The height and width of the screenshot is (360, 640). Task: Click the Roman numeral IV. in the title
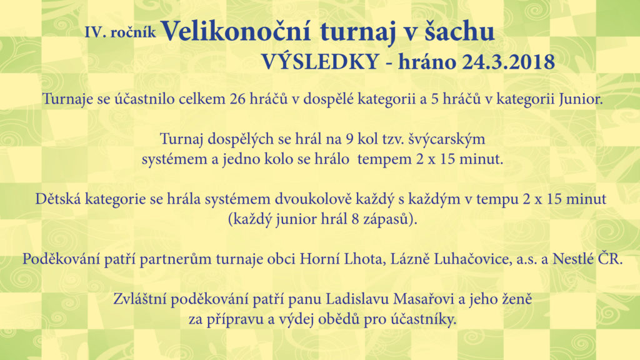click(x=95, y=32)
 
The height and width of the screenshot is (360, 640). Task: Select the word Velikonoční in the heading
click(x=236, y=31)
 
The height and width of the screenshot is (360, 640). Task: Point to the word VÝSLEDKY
click(x=321, y=62)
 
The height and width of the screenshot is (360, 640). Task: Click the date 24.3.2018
click(x=509, y=62)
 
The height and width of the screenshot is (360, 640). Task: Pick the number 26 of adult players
click(x=237, y=99)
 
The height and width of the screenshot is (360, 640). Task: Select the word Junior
click(x=581, y=99)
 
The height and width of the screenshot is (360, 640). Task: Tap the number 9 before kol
click(x=349, y=139)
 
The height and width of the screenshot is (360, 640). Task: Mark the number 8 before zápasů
click(x=355, y=219)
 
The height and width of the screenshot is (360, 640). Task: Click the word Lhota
click(x=365, y=259)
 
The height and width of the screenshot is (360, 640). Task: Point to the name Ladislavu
click(x=357, y=299)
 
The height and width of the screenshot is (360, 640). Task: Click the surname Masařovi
click(x=424, y=299)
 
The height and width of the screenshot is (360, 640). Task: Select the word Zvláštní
click(x=139, y=299)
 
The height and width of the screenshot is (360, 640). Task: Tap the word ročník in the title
click(x=133, y=32)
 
